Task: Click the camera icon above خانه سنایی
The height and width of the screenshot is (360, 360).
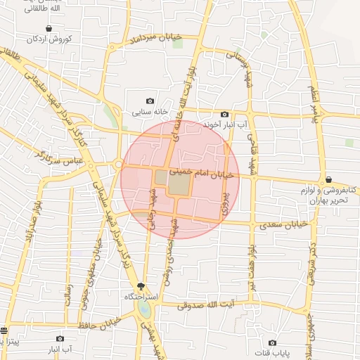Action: coord(149,101)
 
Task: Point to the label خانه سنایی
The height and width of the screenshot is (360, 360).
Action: coord(149,112)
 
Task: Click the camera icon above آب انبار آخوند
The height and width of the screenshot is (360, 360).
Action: coord(224,114)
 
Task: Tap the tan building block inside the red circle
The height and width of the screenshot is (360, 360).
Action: coord(179,184)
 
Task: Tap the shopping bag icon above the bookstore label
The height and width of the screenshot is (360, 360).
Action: coord(328,180)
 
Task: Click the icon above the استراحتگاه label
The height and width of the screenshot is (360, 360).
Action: coord(141,285)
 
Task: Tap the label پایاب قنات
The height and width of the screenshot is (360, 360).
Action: coord(272,352)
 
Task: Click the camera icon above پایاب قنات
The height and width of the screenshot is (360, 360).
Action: coord(272,342)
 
